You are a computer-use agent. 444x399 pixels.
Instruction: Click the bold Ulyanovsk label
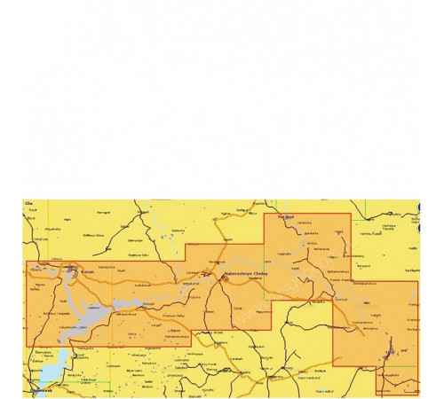click(x=38, y=390)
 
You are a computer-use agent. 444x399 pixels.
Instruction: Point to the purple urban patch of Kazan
click(x=73, y=273)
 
